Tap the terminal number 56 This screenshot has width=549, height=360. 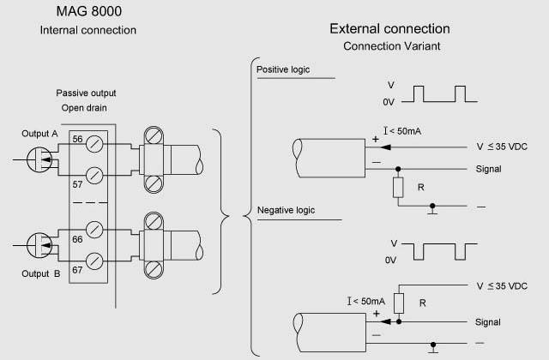[77, 140]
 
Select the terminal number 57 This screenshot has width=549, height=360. [77, 183]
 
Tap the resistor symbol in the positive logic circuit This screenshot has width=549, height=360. [396, 187]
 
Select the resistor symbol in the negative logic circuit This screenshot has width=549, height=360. [396, 302]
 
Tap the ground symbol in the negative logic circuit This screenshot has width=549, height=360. [433, 348]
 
